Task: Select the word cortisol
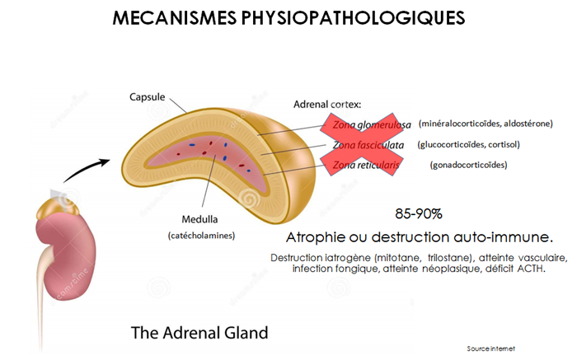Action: (514, 144)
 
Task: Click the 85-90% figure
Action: (419, 213)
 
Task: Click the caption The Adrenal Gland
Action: (199, 333)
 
